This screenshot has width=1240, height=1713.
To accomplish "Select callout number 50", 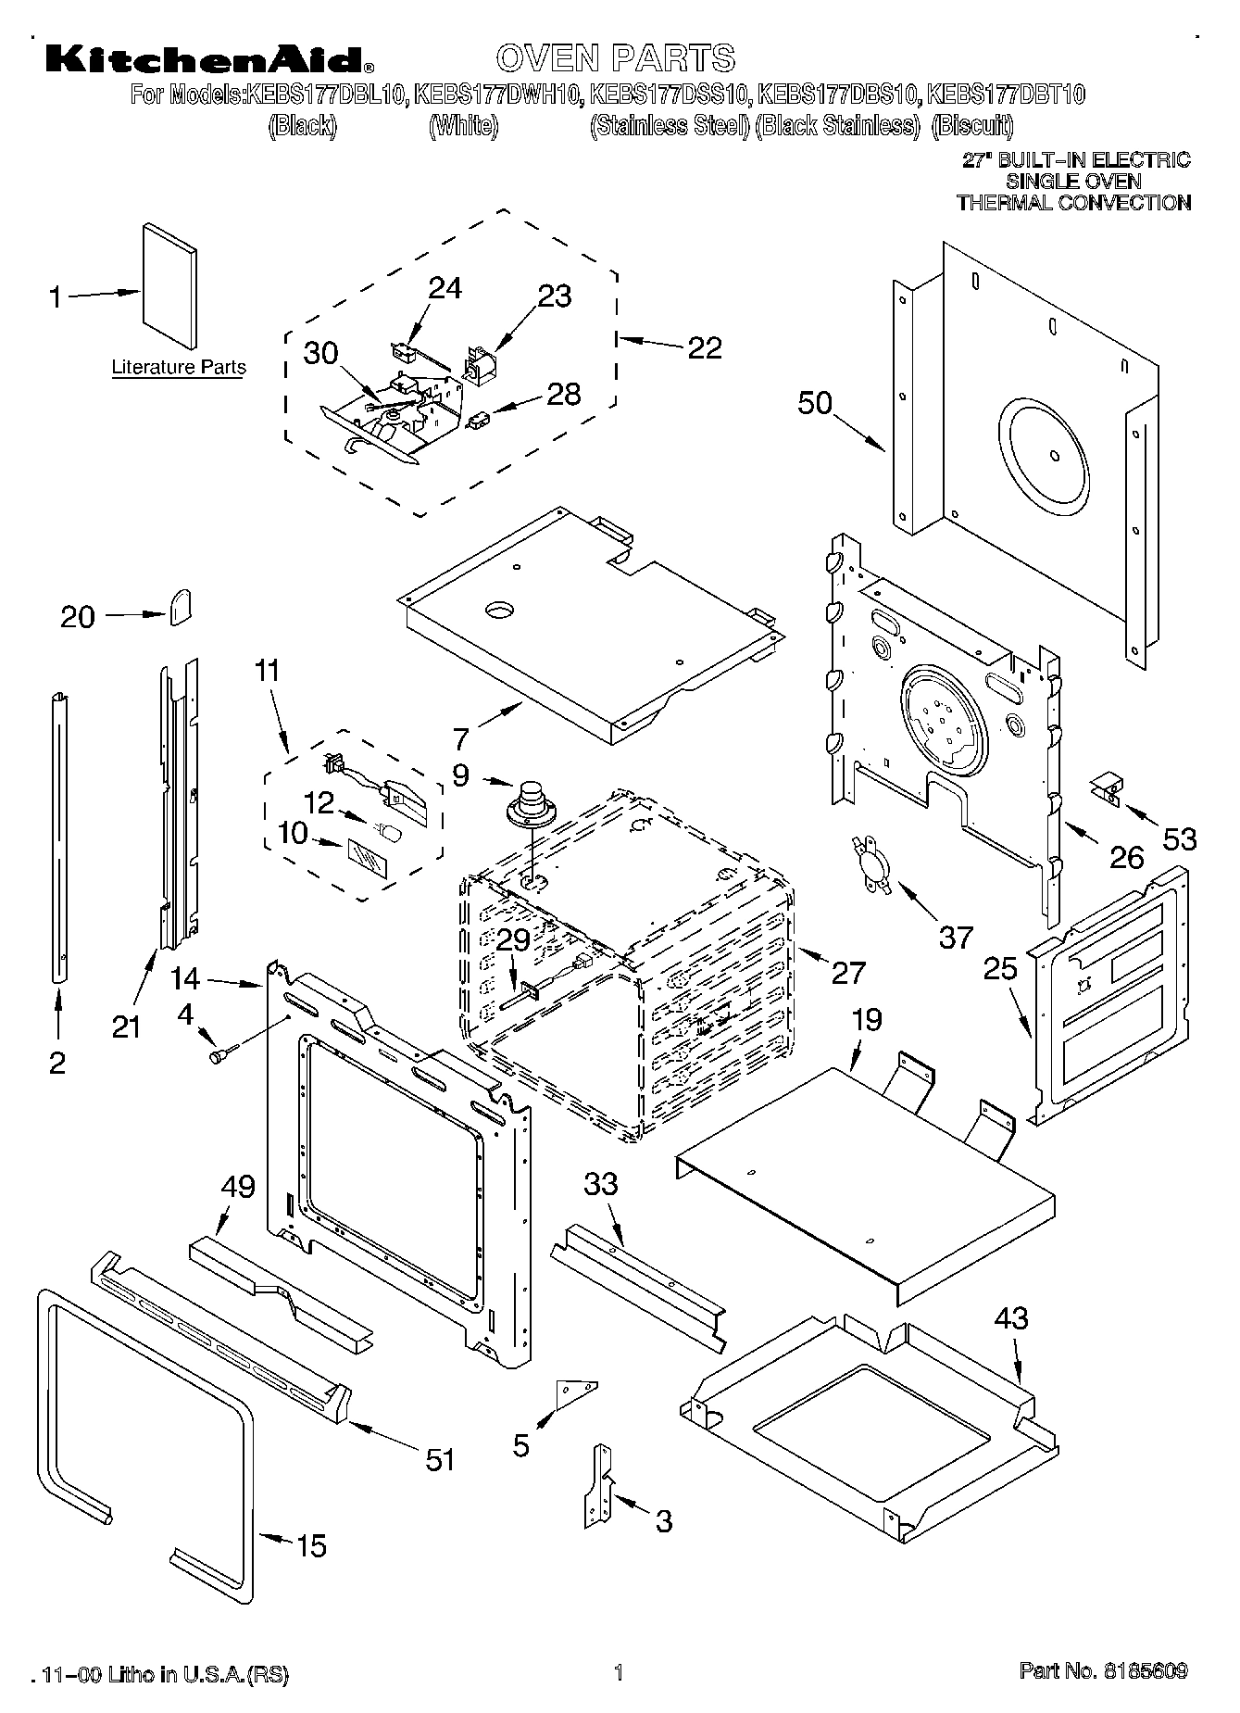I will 815,404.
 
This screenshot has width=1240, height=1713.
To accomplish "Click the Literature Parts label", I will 179,367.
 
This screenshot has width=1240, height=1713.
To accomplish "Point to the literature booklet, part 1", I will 169,287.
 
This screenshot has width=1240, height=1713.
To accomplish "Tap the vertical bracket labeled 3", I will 599,1485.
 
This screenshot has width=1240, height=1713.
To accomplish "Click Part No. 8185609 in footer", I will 1103,1671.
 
